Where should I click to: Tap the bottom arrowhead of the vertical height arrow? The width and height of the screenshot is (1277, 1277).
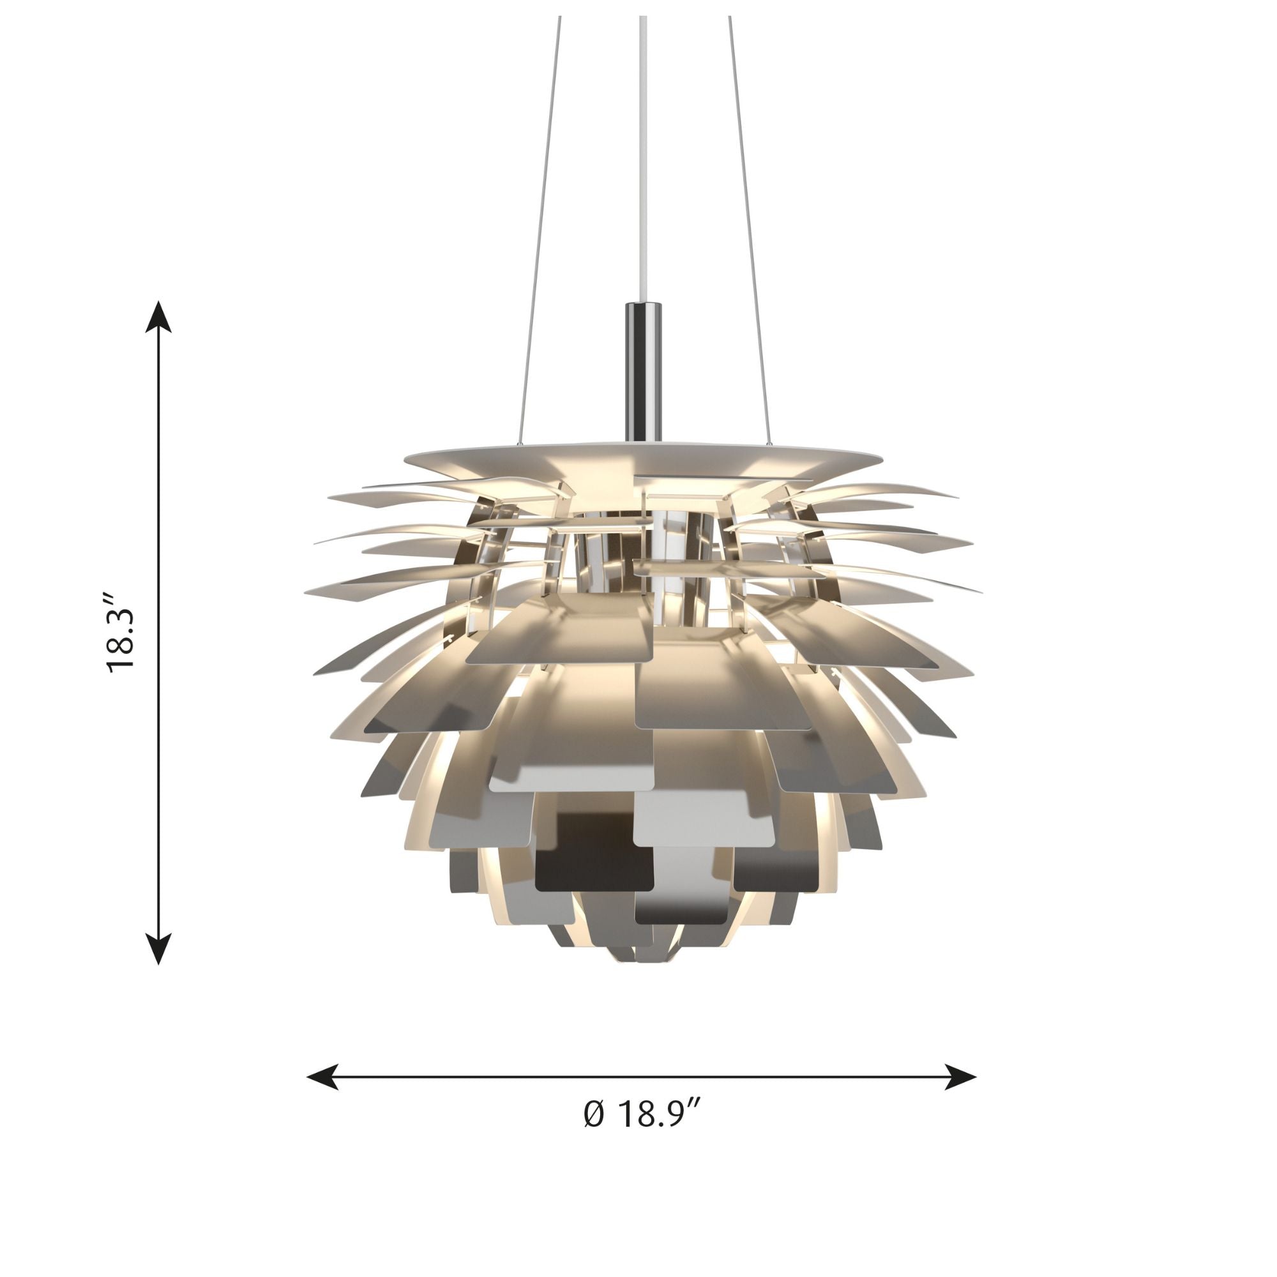coord(158,949)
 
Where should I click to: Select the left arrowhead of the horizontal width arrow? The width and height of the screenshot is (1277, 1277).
coord(322,1077)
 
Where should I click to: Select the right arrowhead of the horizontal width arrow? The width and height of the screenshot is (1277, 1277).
coord(960,1077)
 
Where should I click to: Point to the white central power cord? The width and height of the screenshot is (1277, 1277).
coord(642,165)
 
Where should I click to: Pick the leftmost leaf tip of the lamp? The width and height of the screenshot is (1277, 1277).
coord(306,588)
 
